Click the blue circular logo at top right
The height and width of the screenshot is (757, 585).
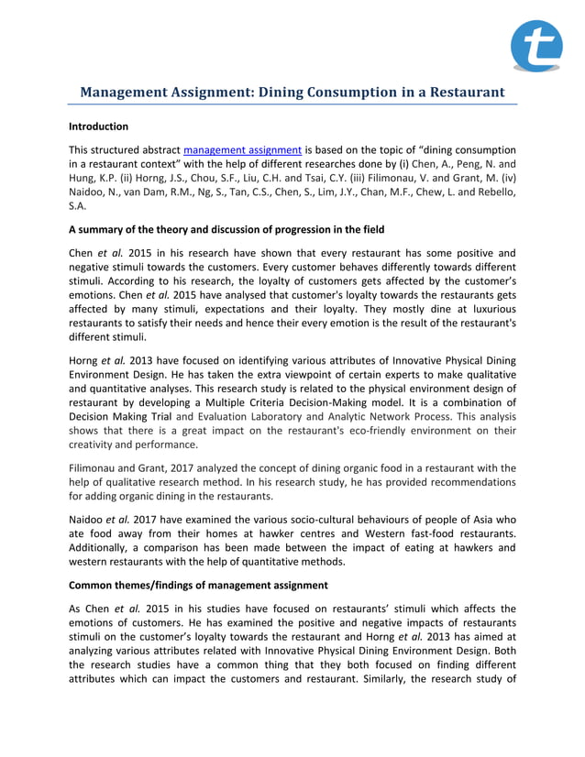click(x=536, y=46)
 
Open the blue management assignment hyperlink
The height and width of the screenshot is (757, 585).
click(x=242, y=149)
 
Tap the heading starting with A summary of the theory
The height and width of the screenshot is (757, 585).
click(x=226, y=229)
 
